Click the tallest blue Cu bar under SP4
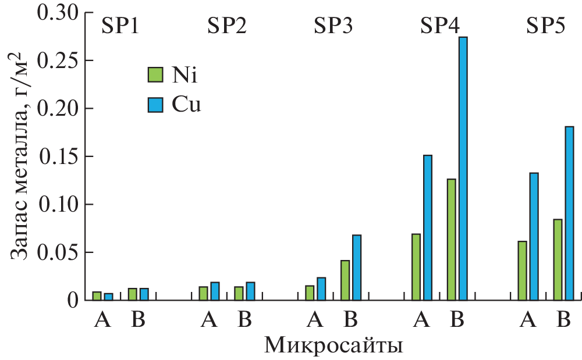pos(463,169)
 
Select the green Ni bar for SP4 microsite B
pos(452,240)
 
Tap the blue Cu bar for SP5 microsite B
pos(569,213)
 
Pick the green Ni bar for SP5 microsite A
pos(522,270)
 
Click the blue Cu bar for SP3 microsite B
pos(357,268)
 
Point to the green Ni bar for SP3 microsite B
pos(345,280)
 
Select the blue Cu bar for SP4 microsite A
pos(428,227)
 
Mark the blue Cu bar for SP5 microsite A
pos(534,236)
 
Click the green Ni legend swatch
pos(155,75)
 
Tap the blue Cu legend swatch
pos(155,104)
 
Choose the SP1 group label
pos(120,27)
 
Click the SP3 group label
pos(333,27)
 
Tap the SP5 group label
pos(546,27)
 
